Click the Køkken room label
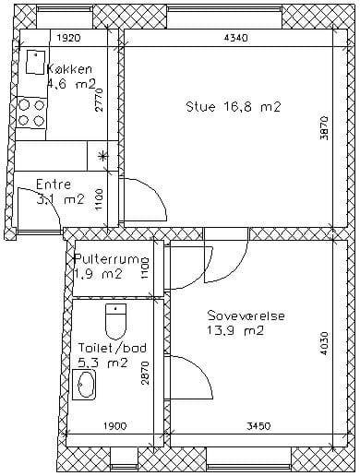click(x=69, y=69)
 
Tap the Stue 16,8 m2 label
click(x=234, y=107)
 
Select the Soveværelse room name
click(x=246, y=316)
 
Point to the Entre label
click(x=54, y=184)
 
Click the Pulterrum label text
click(x=112, y=258)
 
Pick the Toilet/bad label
click(x=113, y=348)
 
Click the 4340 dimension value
click(x=235, y=38)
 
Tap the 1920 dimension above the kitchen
click(x=69, y=38)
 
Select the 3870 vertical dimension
click(x=324, y=128)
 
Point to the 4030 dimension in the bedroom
click(x=324, y=343)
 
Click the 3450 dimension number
click(x=258, y=426)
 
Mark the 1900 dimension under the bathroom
click(x=114, y=426)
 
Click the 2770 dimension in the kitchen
click(x=99, y=101)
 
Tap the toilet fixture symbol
click(x=116, y=322)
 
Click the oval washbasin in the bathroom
click(x=84, y=385)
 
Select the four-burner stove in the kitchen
click(x=31, y=113)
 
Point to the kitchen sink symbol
click(x=35, y=62)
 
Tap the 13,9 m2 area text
click(x=235, y=331)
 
